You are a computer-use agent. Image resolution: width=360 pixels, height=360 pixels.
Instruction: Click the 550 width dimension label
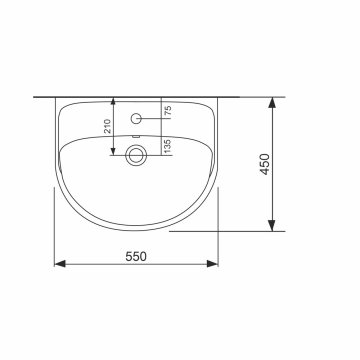tap(136, 256)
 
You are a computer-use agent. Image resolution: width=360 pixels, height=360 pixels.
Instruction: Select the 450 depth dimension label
tap(265, 164)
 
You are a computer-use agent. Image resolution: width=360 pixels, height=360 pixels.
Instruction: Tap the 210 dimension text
tap(108, 126)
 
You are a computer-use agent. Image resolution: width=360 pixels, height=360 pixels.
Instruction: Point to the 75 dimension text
tap(168, 111)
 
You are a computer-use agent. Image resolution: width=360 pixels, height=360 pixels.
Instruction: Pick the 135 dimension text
tap(168, 146)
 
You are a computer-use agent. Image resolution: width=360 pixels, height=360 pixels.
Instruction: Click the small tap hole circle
tap(136, 118)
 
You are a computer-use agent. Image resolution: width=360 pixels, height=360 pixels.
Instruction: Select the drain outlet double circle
tap(136, 155)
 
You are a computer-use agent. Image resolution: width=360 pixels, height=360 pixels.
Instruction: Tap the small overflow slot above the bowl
tap(135, 136)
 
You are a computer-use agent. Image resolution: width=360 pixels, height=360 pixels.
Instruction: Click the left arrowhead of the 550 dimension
tap(59, 264)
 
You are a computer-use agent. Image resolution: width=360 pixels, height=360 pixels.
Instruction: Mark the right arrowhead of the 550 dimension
tap(212, 264)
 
